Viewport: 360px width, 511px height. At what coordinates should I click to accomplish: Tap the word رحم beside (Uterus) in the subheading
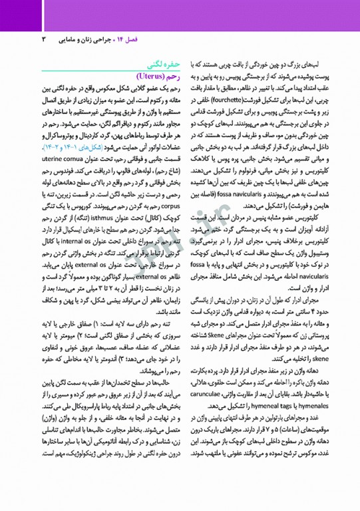coord(174,76)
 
